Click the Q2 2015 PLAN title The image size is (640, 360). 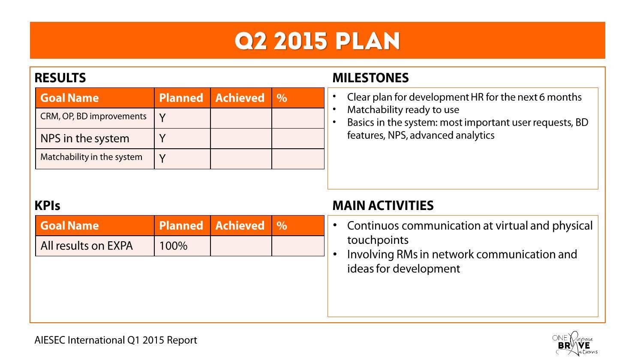[317, 41]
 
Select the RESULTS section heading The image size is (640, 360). [60, 78]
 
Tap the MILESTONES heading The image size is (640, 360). [370, 78]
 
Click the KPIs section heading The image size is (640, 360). [47, 206]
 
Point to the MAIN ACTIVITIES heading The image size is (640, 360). [383, 206]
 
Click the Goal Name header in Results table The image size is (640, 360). [69, 98]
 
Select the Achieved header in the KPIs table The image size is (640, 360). [240, 226]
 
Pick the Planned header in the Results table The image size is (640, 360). [181, 98]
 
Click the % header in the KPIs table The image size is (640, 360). [282, 226]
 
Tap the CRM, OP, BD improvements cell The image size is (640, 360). [93, 117]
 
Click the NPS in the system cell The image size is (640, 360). [85, 139]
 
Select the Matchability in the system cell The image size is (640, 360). [91, 157]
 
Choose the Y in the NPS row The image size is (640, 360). [162, 138]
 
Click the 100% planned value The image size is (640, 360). [173, 246]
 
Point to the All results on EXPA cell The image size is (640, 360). [87, 246]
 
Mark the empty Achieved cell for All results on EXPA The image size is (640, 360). [241, 246]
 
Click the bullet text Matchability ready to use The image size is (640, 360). [403, 110]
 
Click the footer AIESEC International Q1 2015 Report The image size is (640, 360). [116, 340]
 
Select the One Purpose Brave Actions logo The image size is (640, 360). [574, 344]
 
